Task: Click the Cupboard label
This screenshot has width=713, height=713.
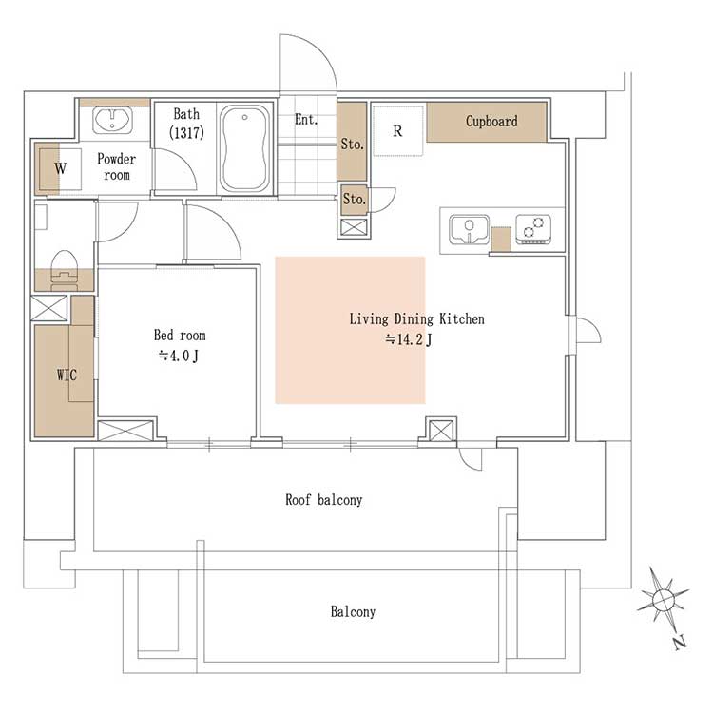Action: tap(491, 121)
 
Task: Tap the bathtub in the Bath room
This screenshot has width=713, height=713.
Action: tap(245, 149)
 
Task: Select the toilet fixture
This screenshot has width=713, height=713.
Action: tap(64, 269)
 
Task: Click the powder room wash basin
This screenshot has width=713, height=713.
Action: tap(112, 120)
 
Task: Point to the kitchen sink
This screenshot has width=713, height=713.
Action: tap(470, 230)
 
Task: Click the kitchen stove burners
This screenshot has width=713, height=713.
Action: tap(533, 229)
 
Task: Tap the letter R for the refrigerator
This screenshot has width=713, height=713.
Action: tap(397, 131)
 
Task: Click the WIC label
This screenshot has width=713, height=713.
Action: tap(67, 375)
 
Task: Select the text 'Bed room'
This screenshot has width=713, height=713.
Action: tap(180, 336)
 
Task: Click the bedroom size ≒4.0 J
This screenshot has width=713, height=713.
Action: tap(179, 356)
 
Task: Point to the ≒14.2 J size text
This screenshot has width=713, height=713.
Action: tap(409, 339)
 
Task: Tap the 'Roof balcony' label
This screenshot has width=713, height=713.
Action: tap(324, 500)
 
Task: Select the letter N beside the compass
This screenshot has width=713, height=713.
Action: tap(680, 642)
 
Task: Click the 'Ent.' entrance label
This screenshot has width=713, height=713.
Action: tap(305, 120)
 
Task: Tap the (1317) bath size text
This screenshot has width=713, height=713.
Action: tap(186, 133)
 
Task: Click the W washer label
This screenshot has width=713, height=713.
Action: tap(61, 168)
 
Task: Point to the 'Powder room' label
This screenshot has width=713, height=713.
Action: tap(116, 167)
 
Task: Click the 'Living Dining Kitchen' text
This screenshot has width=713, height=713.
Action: tap(416, 318)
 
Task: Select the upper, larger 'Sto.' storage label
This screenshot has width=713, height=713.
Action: tap(353, 145)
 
